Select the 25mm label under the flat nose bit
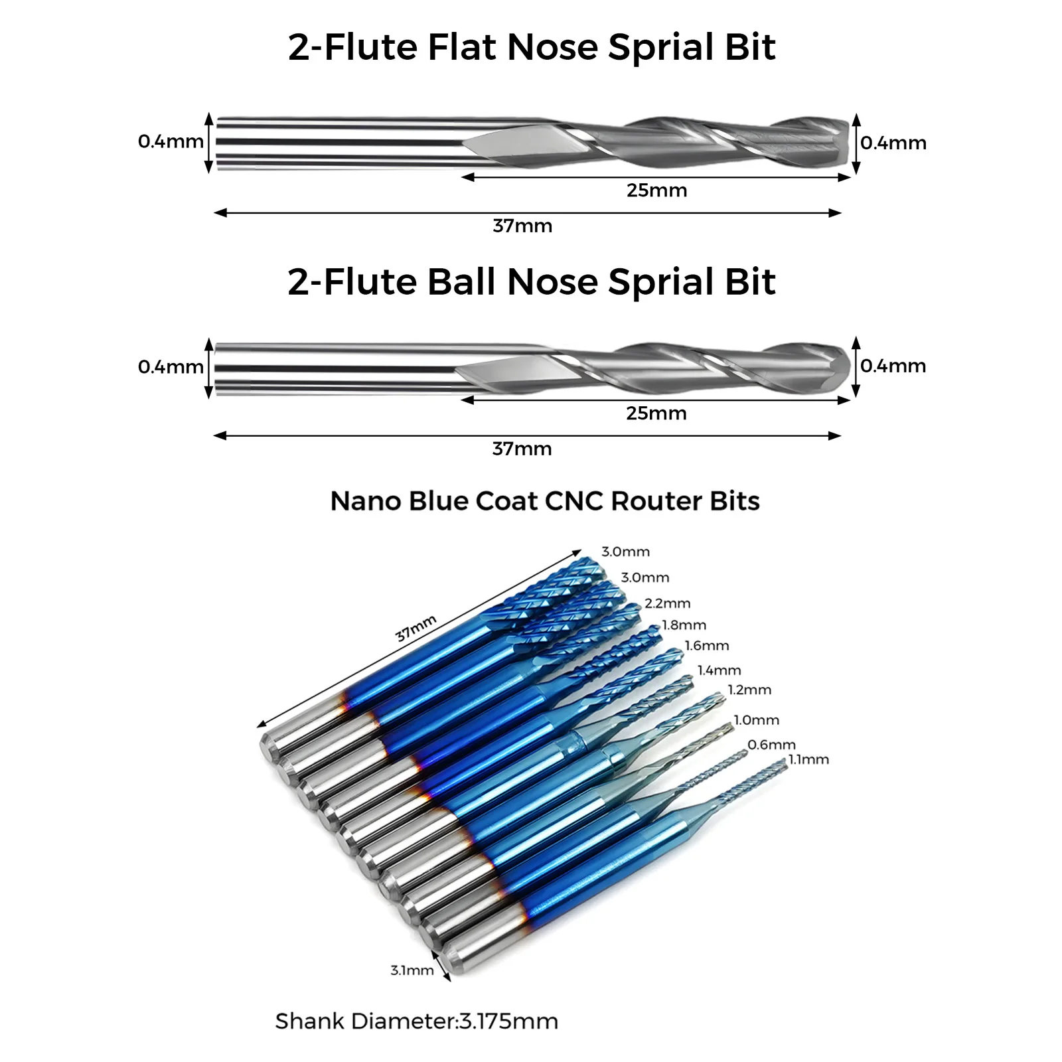656,190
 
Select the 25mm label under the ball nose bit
656,414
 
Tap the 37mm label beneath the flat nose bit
522,226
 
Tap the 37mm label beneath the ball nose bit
522,449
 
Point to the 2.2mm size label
667,603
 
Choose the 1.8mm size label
684,625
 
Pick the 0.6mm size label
771,745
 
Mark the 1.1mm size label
808,759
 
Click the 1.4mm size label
719,670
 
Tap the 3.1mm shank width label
412,970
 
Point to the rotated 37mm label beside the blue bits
416,628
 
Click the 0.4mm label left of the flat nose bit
171,141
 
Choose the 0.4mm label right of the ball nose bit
893,366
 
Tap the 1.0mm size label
756,720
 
